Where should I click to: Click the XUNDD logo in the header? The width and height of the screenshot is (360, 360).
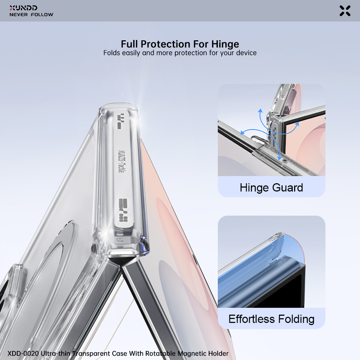point(23,8)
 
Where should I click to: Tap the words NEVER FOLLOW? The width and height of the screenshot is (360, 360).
point(31,15)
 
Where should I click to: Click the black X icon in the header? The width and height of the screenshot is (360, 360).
point(345,11)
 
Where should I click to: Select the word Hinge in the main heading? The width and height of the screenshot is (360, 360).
point(225,44)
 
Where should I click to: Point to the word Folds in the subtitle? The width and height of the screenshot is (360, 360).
point(112,53)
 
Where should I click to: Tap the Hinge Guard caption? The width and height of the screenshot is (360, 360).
point(271,188)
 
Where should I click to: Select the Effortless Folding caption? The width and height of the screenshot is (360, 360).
point(271,319)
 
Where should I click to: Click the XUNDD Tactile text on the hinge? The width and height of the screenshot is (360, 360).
point(121,161)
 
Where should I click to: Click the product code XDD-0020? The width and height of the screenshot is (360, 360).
point(23,354)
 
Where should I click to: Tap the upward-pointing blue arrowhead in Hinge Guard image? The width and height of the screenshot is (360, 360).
point(260,111)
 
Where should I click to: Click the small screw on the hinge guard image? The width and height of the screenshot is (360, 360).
point(285,161)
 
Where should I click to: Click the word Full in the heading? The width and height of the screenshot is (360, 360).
point(130,44)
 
